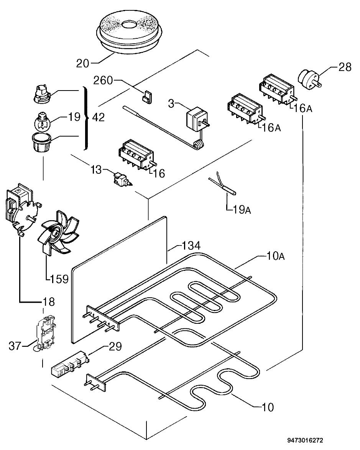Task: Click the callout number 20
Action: [82, 63]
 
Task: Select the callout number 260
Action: [103, 80]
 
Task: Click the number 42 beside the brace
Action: [99, 117]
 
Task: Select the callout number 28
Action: [345, 67]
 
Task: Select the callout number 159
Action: [59, 279]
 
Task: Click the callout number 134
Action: [191, 246]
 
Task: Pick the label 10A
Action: [275, 256]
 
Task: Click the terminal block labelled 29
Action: [69, 364]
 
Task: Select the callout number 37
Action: [15, 346]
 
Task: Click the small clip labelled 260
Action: [147, 97]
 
